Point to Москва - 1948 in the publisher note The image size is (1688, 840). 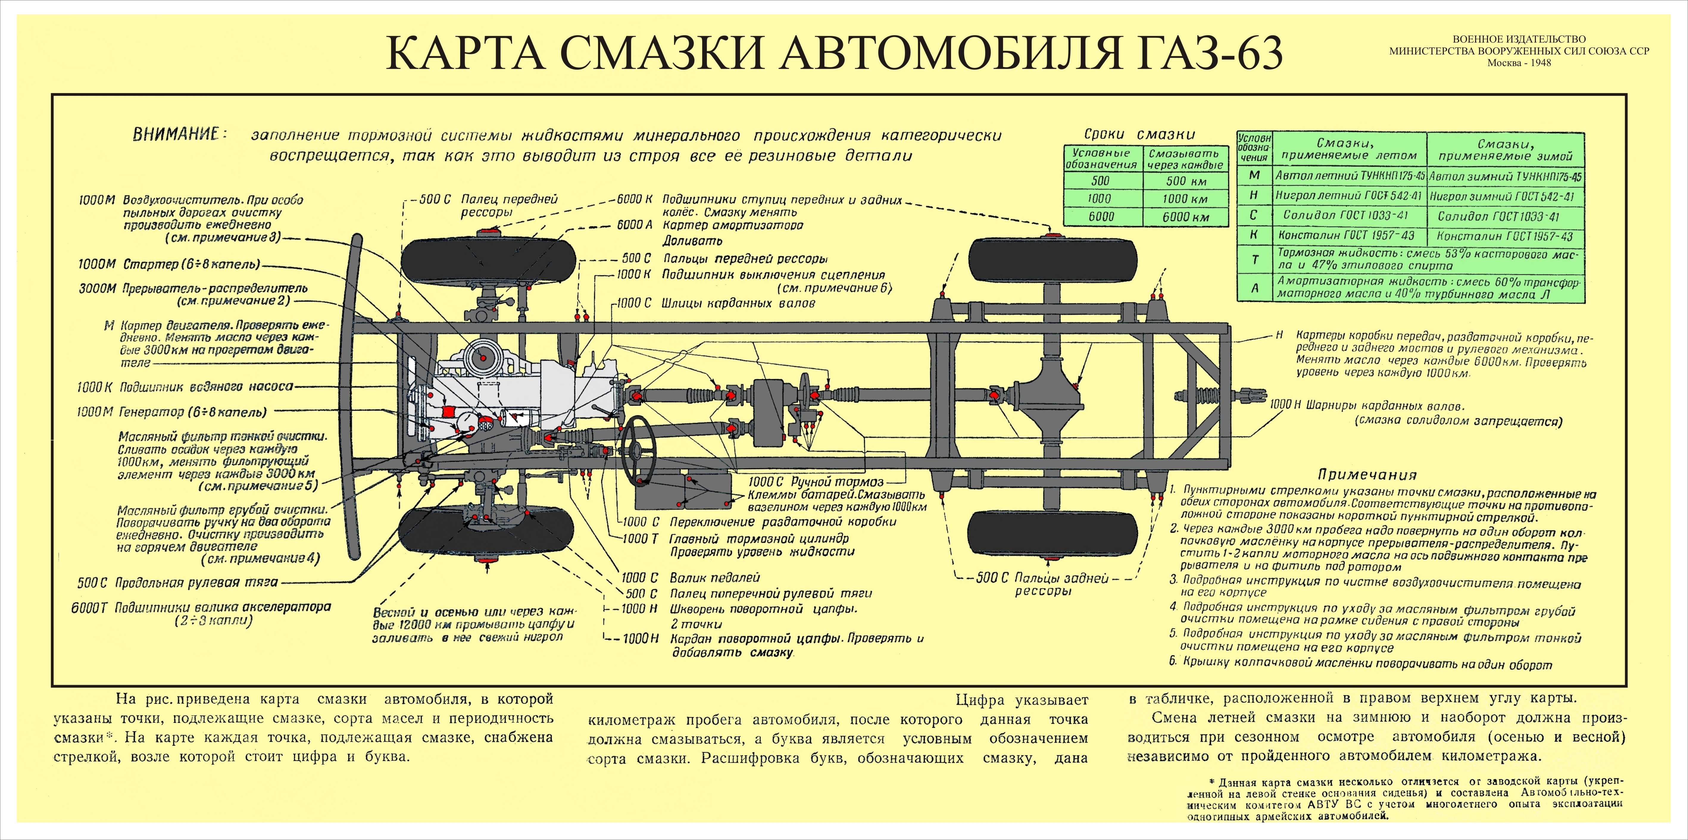[x=1519, y=64]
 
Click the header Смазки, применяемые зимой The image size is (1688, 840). [x=1505, y=150]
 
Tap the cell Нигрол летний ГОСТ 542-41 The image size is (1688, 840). [x=1350, y=196]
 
